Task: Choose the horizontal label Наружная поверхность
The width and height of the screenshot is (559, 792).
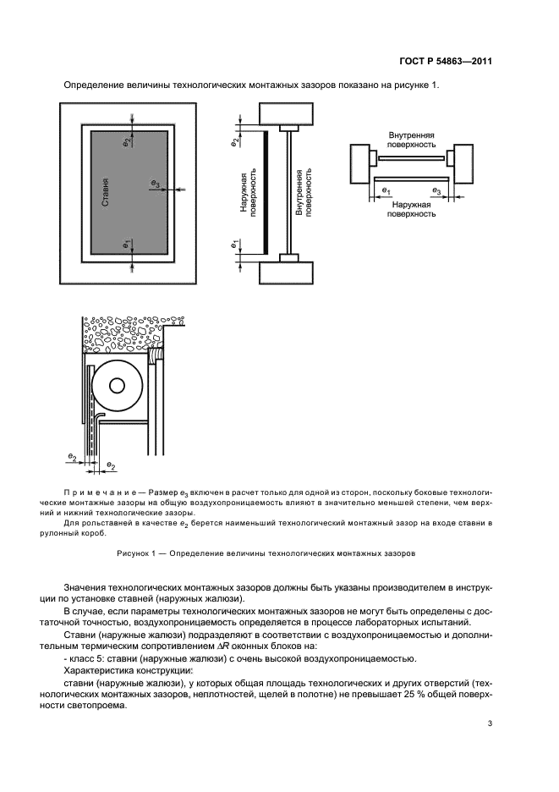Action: (x=411, y=210)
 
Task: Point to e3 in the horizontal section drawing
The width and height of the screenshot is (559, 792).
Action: (x=436, y=191)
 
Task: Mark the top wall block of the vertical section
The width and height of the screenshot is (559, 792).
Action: (x=286, y=114)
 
